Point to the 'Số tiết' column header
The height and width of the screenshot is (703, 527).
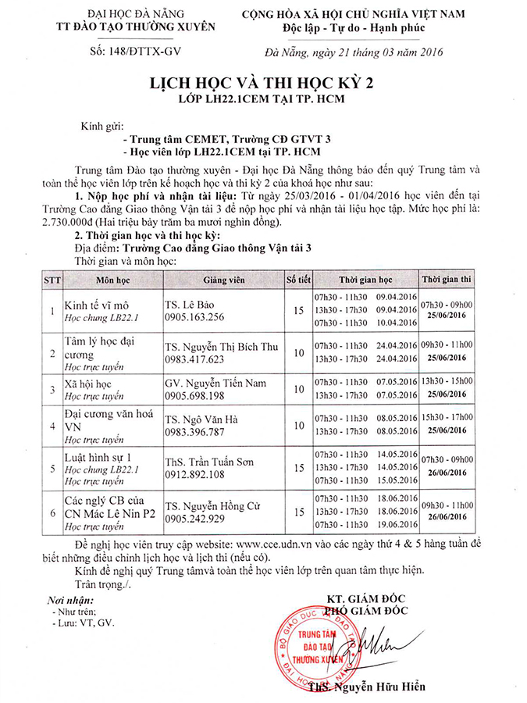297,279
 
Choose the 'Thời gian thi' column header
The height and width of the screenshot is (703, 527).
447,279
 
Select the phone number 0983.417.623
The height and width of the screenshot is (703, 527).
194,359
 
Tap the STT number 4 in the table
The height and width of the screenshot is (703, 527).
52,426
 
